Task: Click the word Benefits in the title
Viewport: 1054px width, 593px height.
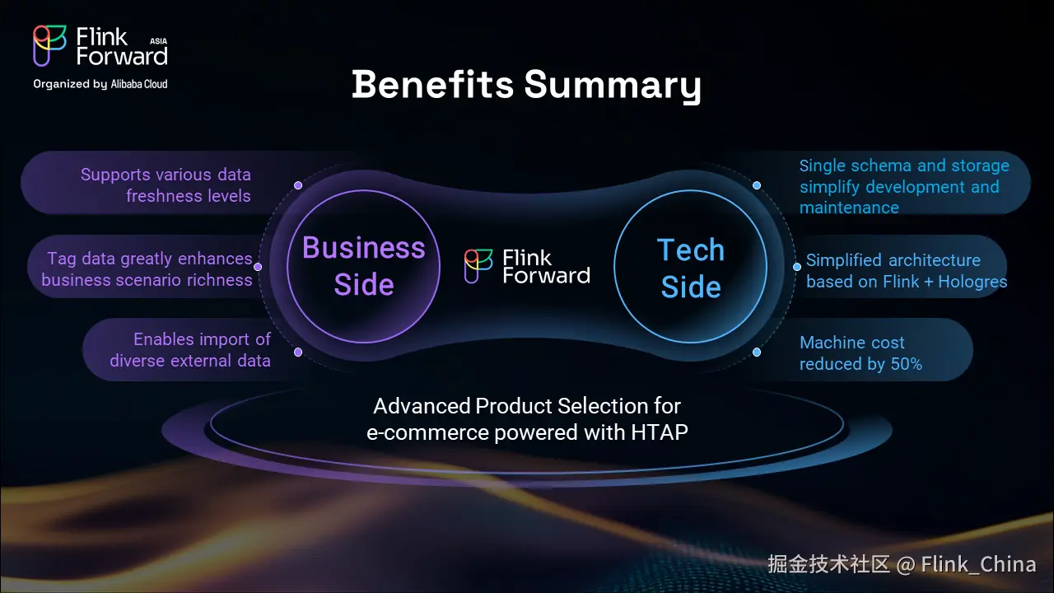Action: click(433, 85)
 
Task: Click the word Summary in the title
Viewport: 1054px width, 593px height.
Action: click(613, 86)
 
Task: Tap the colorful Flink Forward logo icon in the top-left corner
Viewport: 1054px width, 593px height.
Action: click(49, 45)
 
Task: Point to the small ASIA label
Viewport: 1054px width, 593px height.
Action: click(159, 41)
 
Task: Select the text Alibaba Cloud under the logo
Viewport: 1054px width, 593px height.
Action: click(139, 84)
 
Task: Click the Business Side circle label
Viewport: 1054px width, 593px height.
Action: click(364, 266)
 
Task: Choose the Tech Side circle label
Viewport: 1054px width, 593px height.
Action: click(691, 268)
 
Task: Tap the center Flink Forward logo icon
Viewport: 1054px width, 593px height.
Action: click(478, 266)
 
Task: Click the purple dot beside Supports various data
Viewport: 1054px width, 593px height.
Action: click(298, 185)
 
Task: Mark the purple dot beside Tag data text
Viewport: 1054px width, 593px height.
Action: click(258, 267)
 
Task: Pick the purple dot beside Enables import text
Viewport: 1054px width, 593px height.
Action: click(298, 352)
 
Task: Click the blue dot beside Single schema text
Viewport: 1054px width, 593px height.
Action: click(757, 185)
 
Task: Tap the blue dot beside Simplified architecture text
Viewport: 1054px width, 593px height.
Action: click(797, 267)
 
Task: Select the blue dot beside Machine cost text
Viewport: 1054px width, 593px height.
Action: click(757, 352)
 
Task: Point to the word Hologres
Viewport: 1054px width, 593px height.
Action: click(972, 282)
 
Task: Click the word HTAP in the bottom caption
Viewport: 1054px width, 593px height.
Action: click(660, 432)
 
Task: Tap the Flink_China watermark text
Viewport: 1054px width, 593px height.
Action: click(979, 564)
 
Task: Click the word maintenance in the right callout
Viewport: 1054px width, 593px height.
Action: click(849, 208)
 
